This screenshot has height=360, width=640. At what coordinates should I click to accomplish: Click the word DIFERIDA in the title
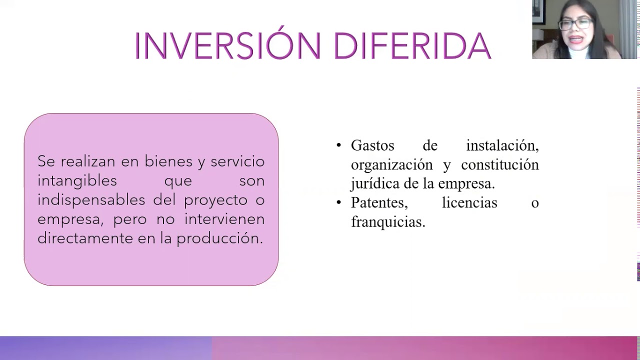point(412,46)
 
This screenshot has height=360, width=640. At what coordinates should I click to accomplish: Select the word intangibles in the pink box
point(77,180)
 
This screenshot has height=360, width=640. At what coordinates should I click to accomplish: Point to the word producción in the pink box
point(219,238)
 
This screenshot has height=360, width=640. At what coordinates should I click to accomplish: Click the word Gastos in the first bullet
point(372,145)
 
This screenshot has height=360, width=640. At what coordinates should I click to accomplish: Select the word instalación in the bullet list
point(502,145)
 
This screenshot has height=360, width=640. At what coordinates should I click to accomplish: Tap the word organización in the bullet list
point(391,164)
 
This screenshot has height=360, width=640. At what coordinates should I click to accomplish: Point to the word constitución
point(499,164)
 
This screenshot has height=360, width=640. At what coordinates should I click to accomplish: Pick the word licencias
point(469,202)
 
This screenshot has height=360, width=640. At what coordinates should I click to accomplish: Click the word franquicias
point(388,221)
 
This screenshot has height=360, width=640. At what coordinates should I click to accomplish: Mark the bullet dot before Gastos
point(339,145)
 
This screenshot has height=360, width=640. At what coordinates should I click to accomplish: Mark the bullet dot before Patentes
point(339,202)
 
